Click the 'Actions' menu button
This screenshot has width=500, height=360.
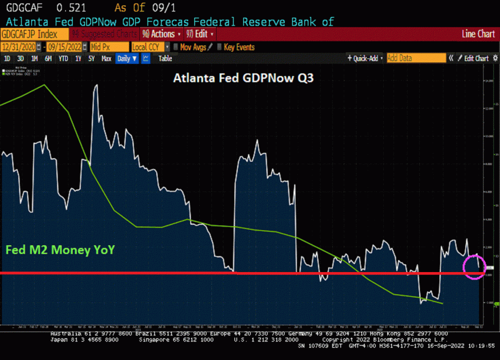click(162, 34)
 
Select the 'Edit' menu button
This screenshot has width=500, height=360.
click(202, 34)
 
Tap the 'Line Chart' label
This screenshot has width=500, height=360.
click(478, 34)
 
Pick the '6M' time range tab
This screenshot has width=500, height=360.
click(48, 59)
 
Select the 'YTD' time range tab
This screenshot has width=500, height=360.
click(63, 59)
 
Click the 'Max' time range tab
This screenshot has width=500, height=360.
click(106, 59)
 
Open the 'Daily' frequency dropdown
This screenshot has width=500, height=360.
click(127, 59)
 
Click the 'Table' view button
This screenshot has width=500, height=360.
click(165, 59)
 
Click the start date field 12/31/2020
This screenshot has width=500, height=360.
click(20, 47)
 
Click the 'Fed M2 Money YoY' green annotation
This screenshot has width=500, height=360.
click(60, 250)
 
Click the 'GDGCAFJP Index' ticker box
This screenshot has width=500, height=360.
click(29, 34)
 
